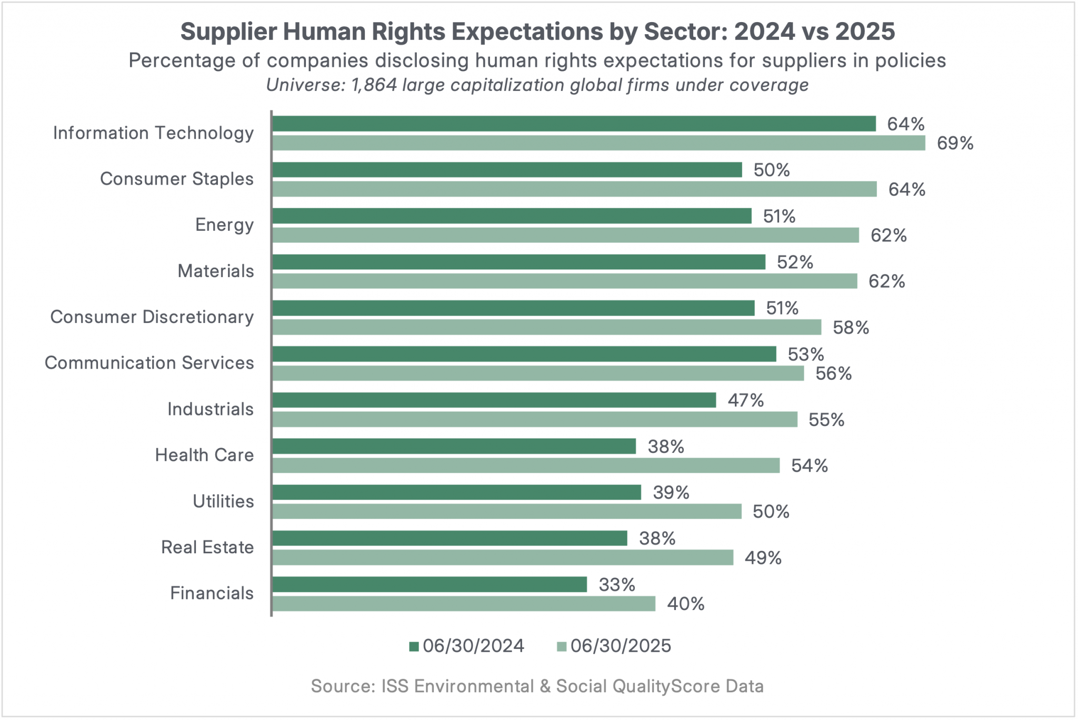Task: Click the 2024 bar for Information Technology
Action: point(574,124)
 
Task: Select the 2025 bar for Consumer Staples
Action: point(574,189)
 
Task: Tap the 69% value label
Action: point(955,144)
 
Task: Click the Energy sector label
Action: point(224,225)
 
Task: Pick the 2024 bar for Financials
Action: point(430,584)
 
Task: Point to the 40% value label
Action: point(685,604)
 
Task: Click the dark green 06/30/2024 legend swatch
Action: point(414,646)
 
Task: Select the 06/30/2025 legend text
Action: point(621,646)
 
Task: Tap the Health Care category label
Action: point(204,455)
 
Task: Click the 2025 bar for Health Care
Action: point(526,465)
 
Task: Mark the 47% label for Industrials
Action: point(745,401)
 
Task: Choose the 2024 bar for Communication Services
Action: point(524,354)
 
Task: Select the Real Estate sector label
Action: point(207,547)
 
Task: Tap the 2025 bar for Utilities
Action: point(507,512)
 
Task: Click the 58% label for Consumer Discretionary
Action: point(851,328)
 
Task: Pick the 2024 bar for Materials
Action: point(519,262)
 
